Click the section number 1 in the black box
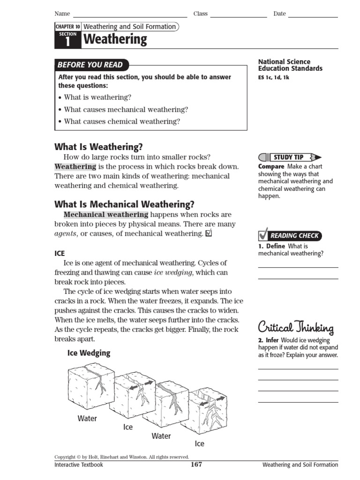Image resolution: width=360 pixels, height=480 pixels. click(x=67, y=42)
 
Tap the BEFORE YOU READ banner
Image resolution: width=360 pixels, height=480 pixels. click(x=90, y=65)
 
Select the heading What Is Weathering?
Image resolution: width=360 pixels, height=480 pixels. click(x=98, y=147)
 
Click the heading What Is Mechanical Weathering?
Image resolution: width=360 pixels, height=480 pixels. click(x=124, y=204)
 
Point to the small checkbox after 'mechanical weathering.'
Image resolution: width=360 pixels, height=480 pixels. click(x=209, y=233)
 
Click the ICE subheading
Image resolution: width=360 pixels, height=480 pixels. click(x=60, y=253)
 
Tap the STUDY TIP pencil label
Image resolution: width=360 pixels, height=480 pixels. click(x=290, y=157)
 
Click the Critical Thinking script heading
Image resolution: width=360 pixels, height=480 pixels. click(x=296, y=327)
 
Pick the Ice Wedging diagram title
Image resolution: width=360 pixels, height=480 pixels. click(x=89, y=353)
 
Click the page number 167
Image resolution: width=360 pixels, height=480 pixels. click(x=196, y=465)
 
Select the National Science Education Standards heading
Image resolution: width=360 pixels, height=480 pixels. click(x=290, y=65)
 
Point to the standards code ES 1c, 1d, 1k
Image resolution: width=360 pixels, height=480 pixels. click(x=274, y=78)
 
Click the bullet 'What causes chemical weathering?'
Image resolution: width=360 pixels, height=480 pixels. click(x=122, y=121)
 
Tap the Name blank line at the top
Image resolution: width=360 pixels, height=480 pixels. click(x=130, y=16)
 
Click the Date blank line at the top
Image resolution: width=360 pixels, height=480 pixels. click(x=313, y=16)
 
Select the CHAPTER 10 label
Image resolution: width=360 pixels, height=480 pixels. click(x=68, y=27)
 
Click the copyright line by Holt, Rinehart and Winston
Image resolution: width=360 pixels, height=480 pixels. click(x=121, y=457)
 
